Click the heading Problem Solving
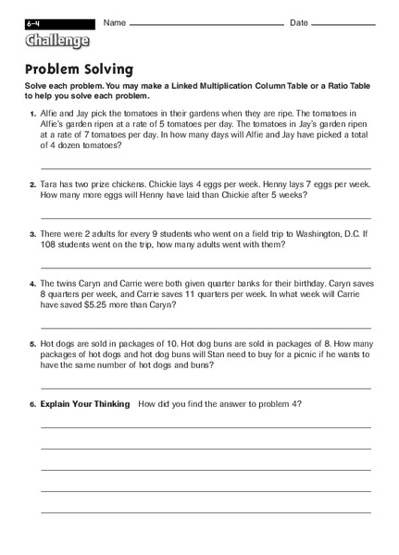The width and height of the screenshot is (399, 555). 79,68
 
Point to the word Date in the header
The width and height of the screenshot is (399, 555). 299,22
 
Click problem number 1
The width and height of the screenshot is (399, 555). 32,112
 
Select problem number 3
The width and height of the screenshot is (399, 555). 32,235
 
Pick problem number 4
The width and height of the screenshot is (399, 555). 32,285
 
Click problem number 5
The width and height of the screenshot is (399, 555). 32,344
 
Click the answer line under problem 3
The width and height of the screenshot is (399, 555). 206,267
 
